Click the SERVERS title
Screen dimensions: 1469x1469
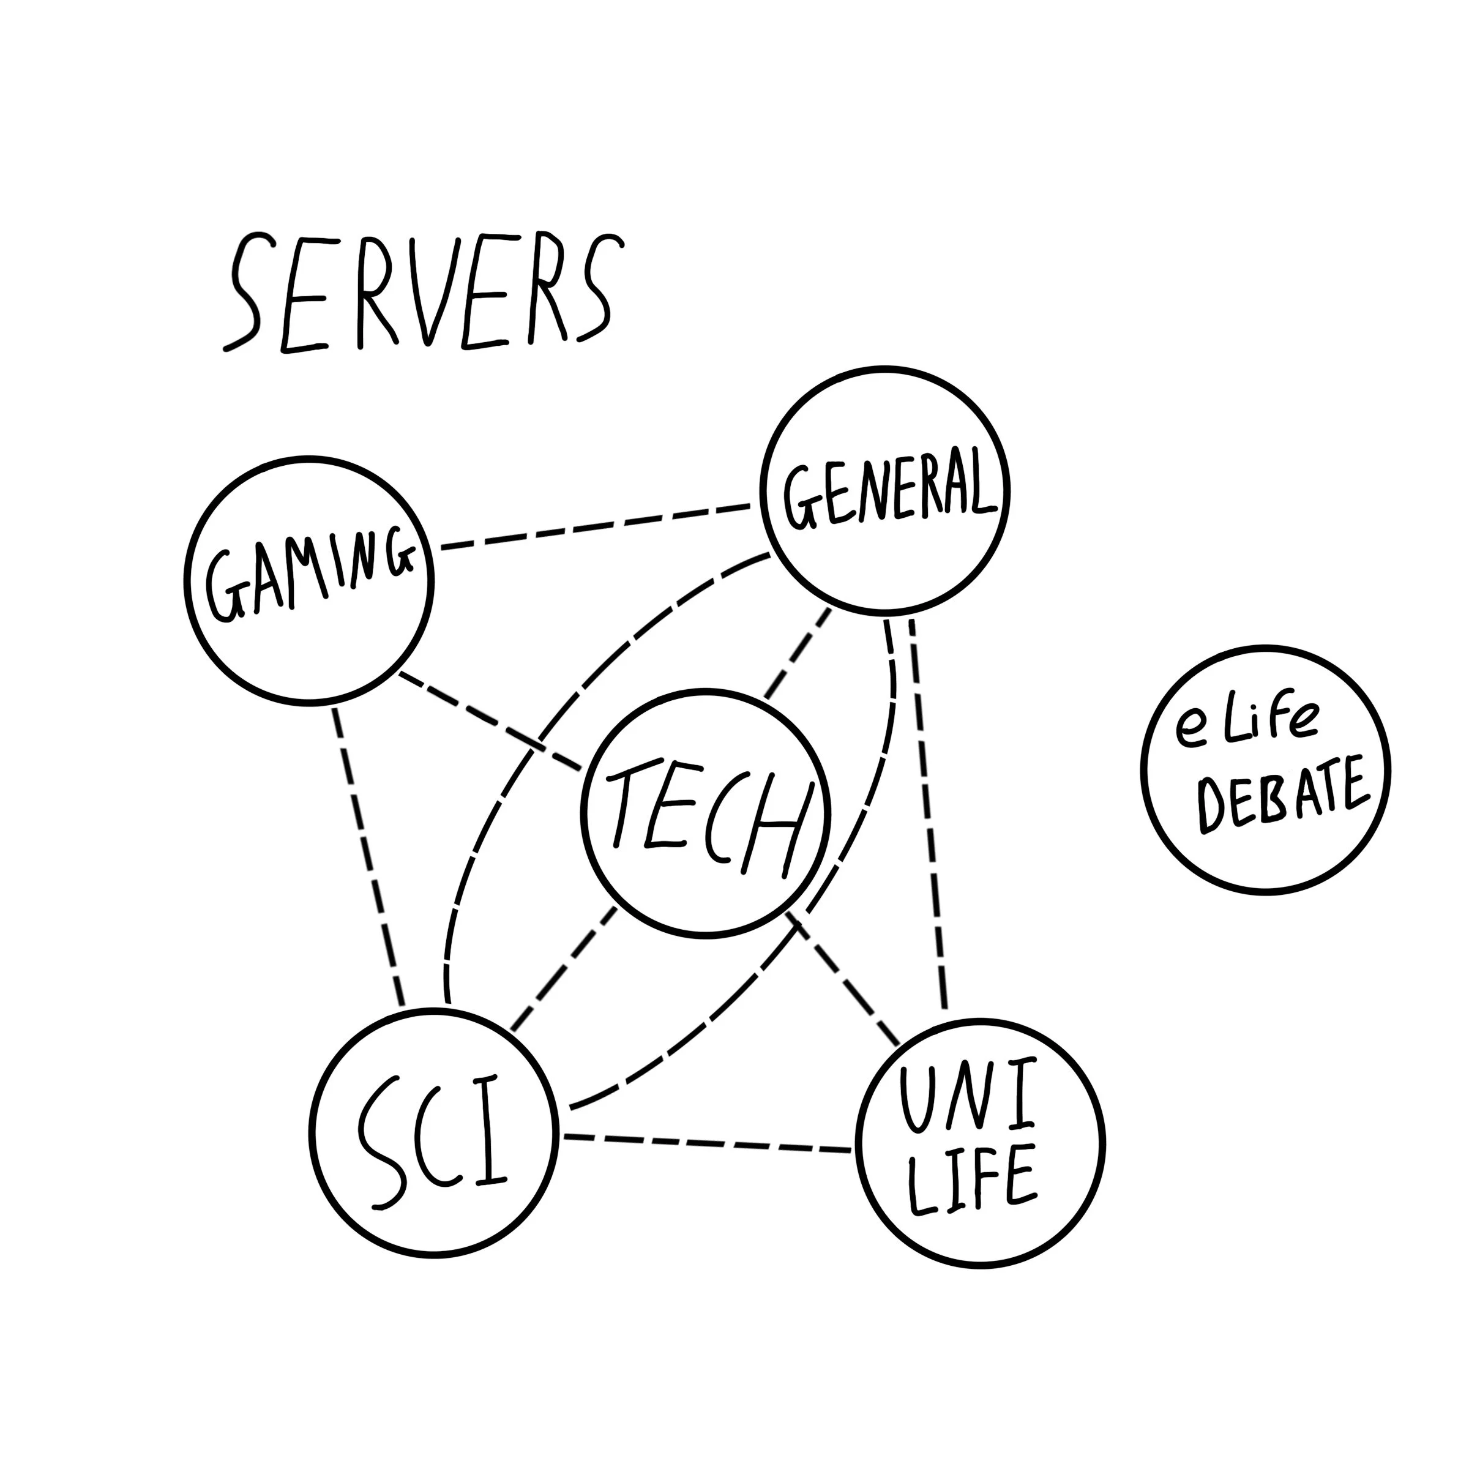(x=423, y=293)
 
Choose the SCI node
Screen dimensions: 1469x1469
(x=434, y=1133)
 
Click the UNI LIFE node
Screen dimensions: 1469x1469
(x=980, y=1143)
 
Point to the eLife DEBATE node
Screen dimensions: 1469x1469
(x=1266, y=769)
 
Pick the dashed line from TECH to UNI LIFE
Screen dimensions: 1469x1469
(x=844, y=981)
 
